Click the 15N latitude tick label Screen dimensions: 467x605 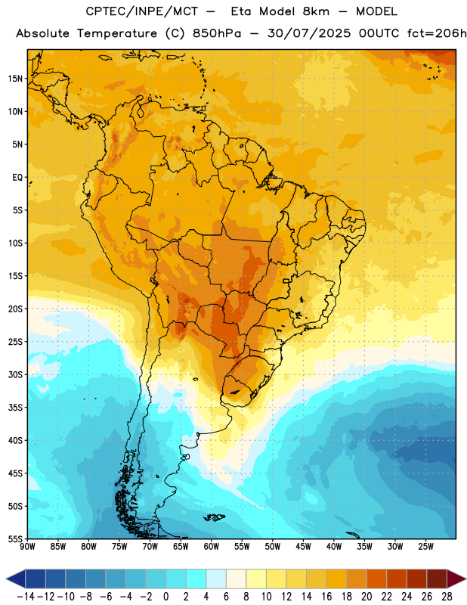(15, 79)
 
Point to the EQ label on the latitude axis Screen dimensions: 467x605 (17, 178)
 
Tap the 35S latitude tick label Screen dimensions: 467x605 (15, 408)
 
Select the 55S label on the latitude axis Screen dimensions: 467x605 (15, 538)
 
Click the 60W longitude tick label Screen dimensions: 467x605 (212, 547)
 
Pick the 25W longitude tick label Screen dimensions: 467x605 (425, 547)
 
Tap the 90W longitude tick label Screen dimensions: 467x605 (27, 547)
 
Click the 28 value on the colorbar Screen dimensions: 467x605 (447, 597)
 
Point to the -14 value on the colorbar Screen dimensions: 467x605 (26, 597)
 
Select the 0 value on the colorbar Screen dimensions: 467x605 (165, 597)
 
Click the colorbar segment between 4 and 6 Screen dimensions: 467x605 (216, 579)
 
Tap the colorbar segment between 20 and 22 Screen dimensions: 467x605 (376, 579)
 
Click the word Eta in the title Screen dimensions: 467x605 (241, 11)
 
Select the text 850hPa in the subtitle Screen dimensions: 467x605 (217, 33)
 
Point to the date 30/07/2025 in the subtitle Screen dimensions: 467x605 (309, 33)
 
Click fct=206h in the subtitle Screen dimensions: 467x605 (437, 33)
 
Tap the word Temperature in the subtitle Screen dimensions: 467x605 (117, 33)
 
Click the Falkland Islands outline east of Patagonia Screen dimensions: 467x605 (214, 517)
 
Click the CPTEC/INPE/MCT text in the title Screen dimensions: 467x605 (141, 11)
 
